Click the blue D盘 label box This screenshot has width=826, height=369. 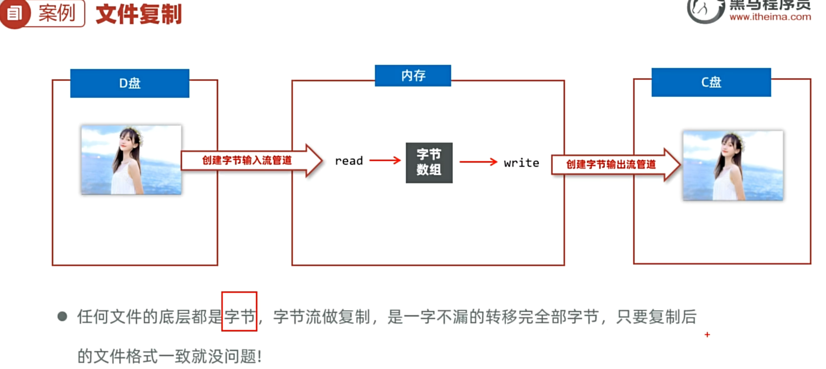(130, 83)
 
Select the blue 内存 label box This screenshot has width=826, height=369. (413, 75)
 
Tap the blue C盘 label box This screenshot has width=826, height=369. (711, 82)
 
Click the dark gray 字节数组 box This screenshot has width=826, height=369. (429, 163)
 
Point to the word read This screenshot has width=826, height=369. (349, 161)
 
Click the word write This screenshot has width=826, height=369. (521, 163)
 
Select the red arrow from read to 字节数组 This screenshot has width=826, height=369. (385, 161)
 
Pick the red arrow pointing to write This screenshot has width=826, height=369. (478, 162)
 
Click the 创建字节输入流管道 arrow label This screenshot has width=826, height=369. (247, 161)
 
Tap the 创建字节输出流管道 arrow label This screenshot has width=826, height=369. (611, 164)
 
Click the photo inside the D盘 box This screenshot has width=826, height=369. (131, 160)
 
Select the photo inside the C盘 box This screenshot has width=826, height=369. (733, 165)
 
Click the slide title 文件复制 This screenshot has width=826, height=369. (139, 15)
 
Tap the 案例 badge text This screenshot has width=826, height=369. (57, 13)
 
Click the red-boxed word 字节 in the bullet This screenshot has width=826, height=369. (239, 317)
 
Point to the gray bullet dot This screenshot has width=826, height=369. (62, 317)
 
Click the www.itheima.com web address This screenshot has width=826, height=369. (770, 17)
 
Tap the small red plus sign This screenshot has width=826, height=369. (707, 335)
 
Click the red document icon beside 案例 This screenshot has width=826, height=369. (15, 14)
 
